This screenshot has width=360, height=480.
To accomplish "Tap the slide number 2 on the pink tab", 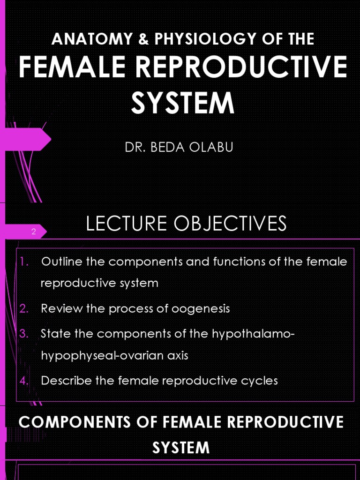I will point(34,232).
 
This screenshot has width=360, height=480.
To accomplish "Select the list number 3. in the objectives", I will point(24,334).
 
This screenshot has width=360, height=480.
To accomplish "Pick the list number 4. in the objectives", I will point(24,380).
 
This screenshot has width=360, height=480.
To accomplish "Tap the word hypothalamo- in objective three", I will point(254,334).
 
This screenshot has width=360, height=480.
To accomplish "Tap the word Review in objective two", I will point(57,308).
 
